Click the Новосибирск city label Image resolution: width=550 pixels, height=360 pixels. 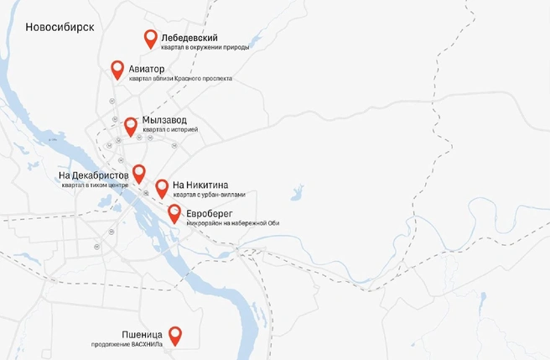60,26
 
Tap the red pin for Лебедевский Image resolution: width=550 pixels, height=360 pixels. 151,38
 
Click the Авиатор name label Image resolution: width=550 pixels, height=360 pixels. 147,68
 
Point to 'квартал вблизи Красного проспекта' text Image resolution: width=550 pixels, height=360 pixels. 180,79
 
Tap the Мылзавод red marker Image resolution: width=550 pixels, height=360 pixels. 131,125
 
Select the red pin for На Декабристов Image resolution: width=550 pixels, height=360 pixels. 139,173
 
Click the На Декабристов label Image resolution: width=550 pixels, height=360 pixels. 93,175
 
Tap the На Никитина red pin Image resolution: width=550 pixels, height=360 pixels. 162,187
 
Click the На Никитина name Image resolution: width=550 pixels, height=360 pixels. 200,185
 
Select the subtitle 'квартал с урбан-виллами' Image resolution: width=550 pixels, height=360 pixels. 210,195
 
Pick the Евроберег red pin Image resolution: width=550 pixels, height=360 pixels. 174,213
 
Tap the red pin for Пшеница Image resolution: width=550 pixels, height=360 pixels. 175,335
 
